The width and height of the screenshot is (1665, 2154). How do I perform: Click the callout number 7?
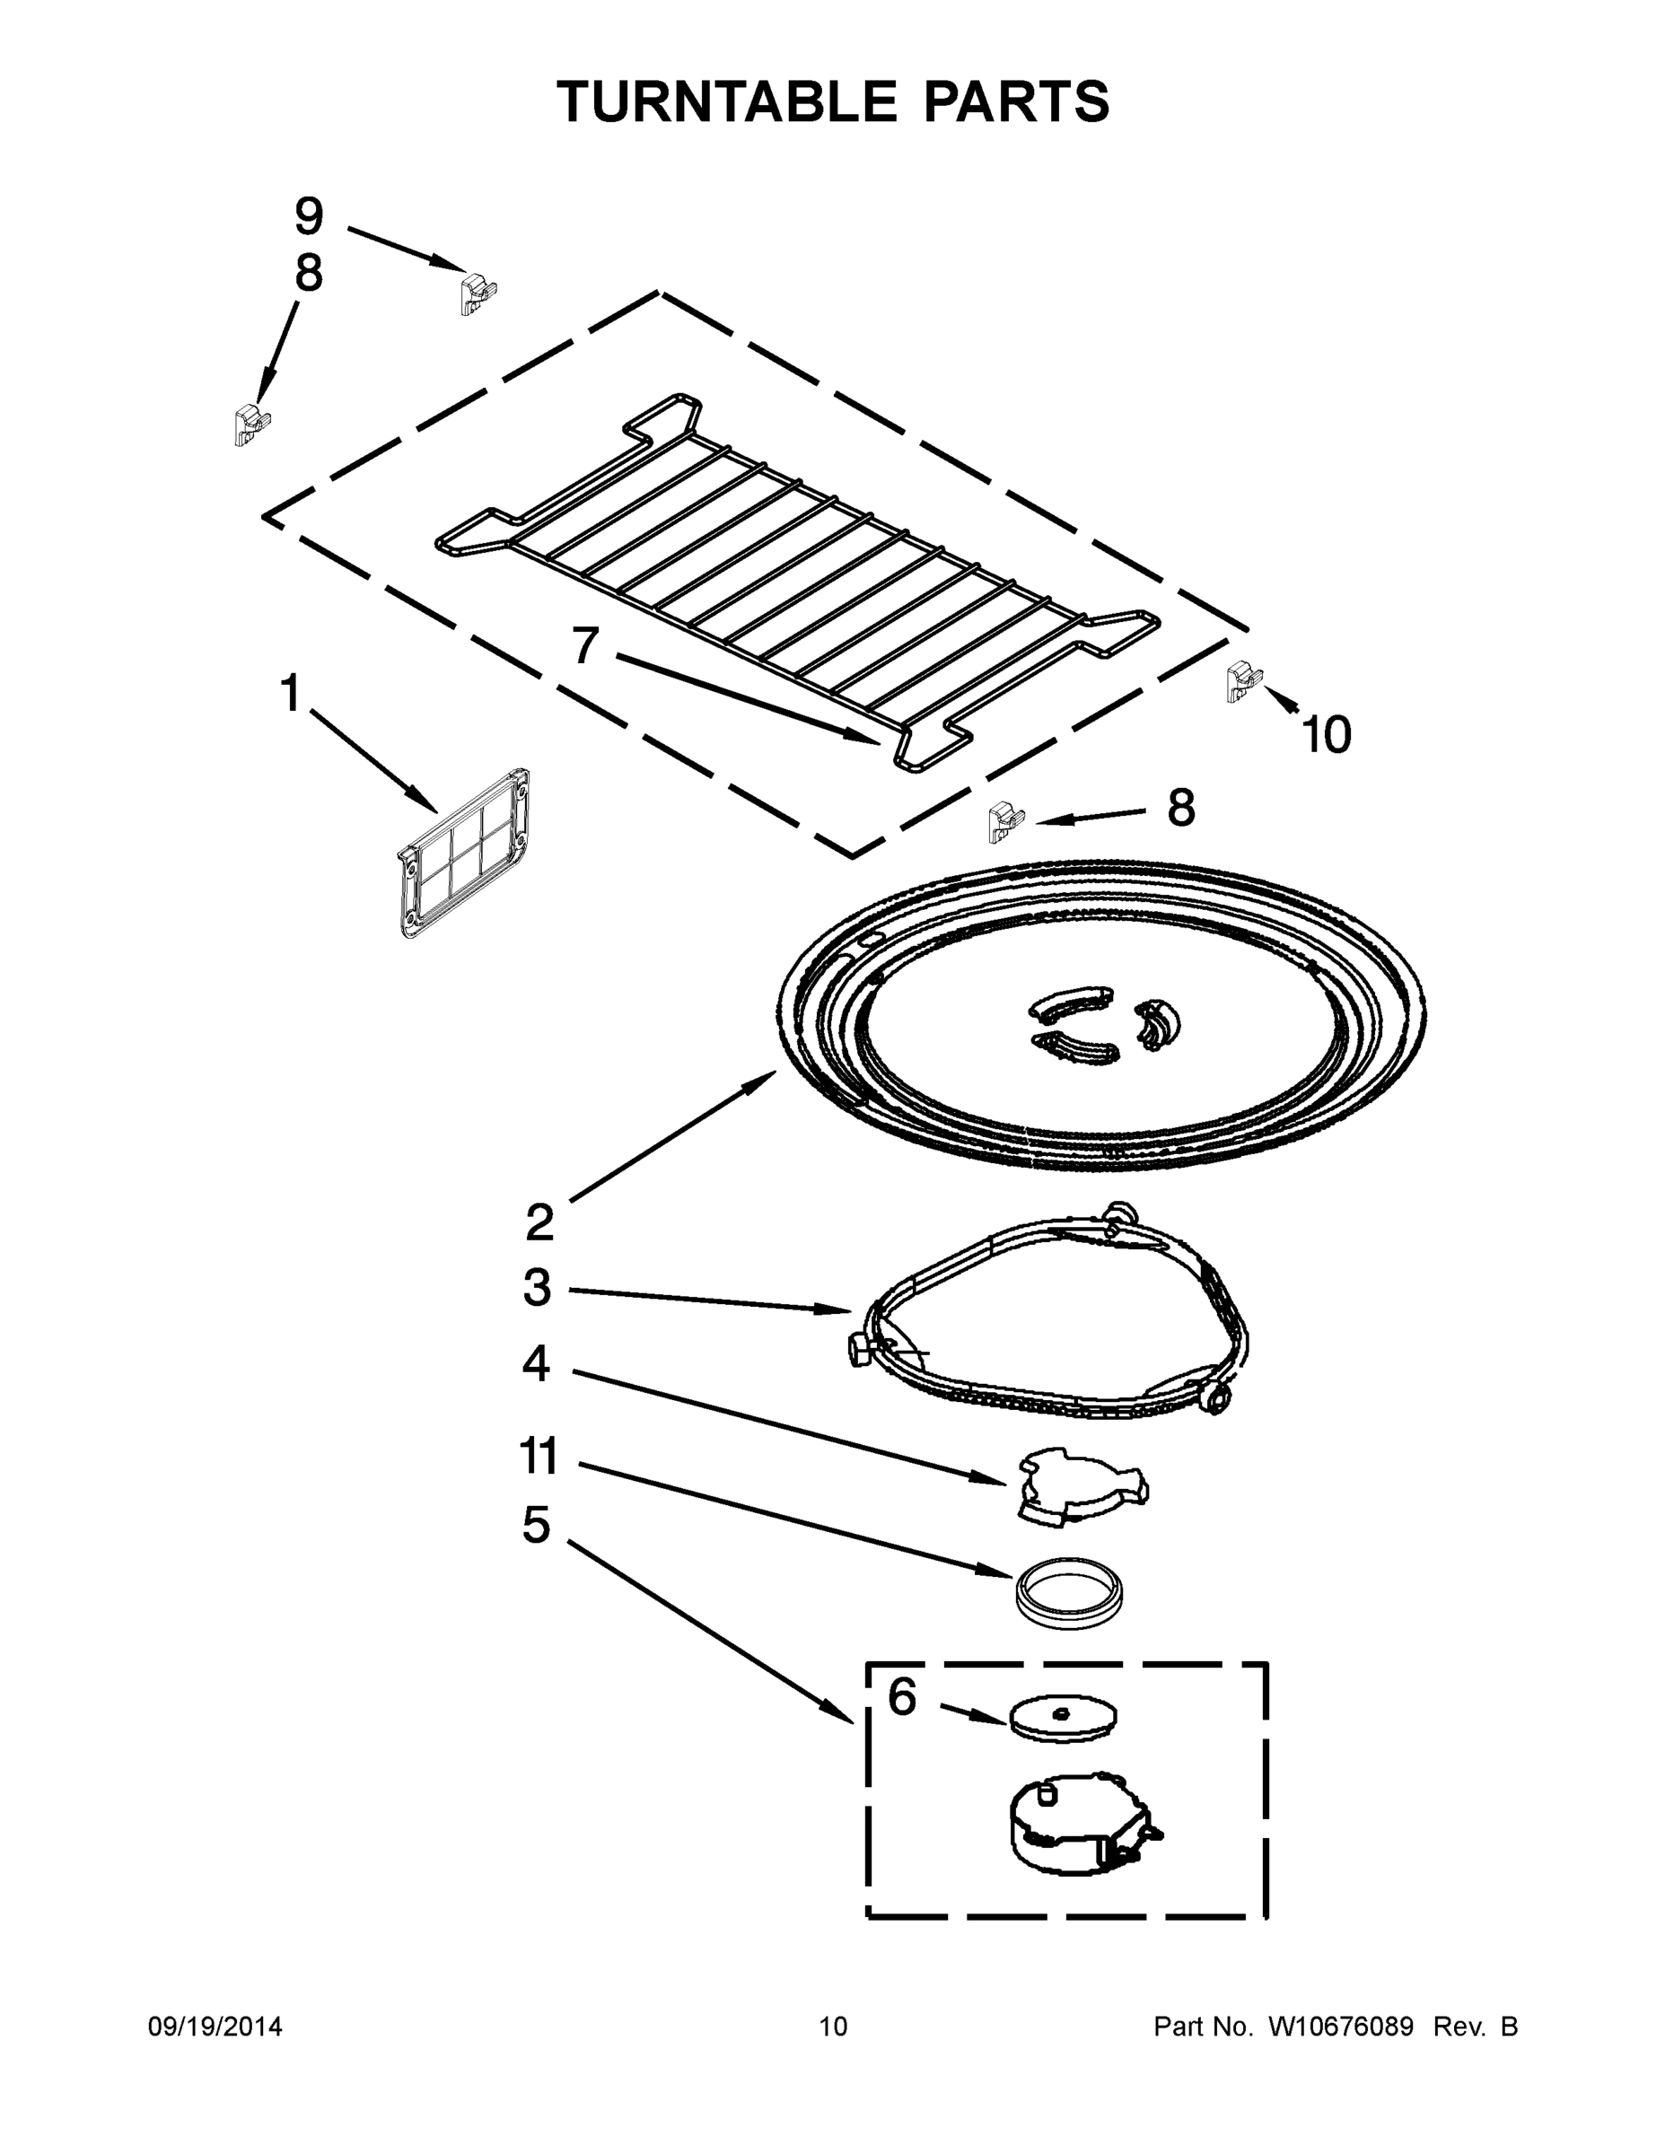click(585, 647)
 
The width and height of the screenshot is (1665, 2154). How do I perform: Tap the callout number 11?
click(539, 1456)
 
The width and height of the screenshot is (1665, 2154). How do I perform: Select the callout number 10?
click(1327, 736)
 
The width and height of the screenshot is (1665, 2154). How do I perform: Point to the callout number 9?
click(309, 216)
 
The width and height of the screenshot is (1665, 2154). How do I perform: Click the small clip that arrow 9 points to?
click(478, 293)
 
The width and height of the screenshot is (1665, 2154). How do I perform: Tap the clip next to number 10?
click(1244, 681)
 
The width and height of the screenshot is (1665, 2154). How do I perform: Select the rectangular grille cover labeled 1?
click(466, 854)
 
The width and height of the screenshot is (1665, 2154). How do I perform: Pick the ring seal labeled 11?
click(1071, 1593)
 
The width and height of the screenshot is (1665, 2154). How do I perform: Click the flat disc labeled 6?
click(1064, 1717)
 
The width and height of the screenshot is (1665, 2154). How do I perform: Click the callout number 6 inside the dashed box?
click(901, 1697)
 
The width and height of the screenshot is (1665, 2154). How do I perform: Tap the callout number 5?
click(536, 1526)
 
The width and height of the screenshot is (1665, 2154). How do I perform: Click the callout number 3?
click(537, 1288)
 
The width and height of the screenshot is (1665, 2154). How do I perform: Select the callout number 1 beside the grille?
click(290, 694)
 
